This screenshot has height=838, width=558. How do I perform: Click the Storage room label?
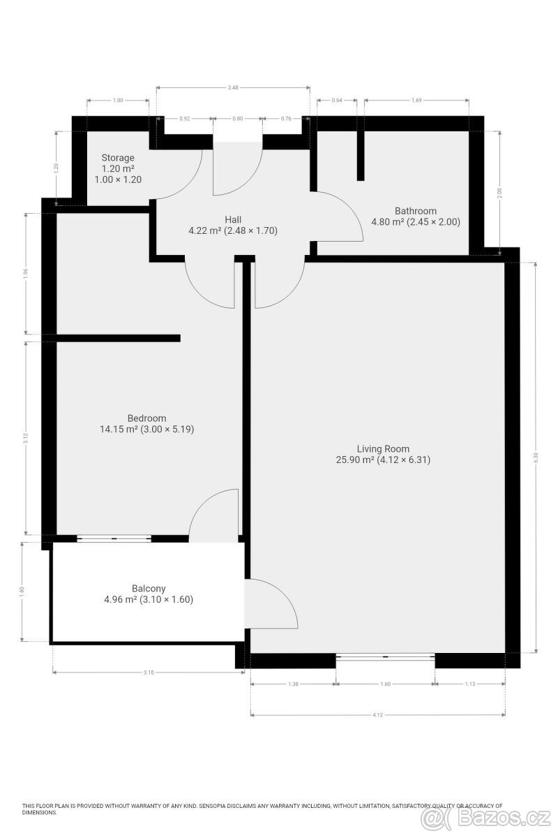pos(117,158)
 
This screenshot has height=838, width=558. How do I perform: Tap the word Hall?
pos(233,219)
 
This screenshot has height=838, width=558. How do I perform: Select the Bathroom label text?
pos(415,211)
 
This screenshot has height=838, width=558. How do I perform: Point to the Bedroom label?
pos(146,418)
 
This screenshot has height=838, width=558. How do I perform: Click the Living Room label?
pos(383,449)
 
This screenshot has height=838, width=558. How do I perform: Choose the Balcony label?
pos(149,589)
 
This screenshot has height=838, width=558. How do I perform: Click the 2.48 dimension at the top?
pos(233,87)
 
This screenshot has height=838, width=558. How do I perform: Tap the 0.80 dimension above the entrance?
pos(238,119)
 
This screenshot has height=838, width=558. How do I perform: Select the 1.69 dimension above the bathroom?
pos(416,101)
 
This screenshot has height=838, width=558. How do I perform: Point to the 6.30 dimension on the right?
pos(536,457)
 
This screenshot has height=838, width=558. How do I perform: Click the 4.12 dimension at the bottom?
pos(377,715)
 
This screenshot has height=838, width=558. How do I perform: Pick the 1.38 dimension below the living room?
pos(293,684)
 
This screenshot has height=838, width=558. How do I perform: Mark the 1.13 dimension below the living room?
pos(469,684)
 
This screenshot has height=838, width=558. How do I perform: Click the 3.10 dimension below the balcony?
pos(148,672)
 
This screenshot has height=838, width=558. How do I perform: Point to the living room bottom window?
pos(385,656)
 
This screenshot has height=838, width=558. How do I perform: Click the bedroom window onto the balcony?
pos(114,538)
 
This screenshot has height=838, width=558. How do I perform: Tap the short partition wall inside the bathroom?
pos(361,155)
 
